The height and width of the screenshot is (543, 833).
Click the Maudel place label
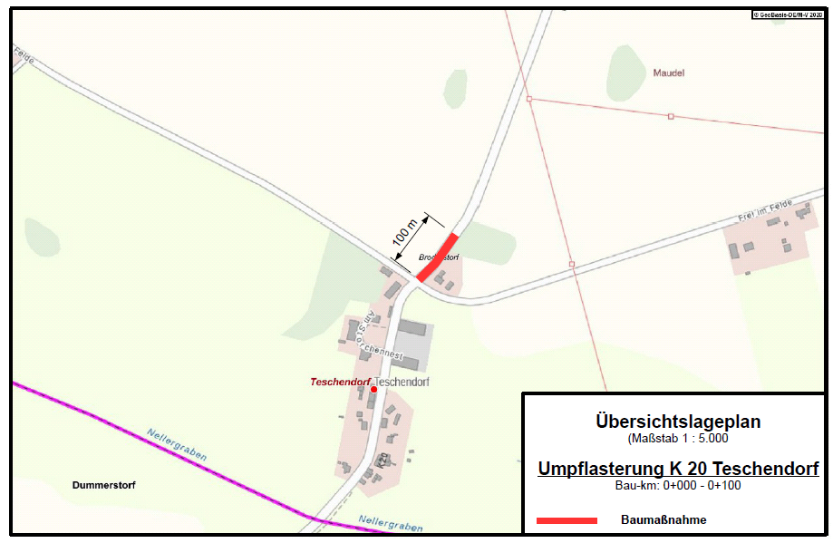click(x=668, y=73)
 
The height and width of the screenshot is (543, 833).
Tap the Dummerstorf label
click(x=104, y=485)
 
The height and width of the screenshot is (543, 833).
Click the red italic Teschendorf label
click(x=339, y=383)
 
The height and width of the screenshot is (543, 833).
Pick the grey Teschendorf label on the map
click(x=402, y=383)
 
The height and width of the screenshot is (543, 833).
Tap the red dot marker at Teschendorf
click(x=373, y=390)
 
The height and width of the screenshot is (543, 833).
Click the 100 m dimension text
click(x=404, y=232)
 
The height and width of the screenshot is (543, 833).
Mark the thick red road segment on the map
click(x=439, y=257)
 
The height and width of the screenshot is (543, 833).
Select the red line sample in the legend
click(x=567, y=520)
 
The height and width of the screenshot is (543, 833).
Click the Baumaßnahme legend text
click(x=663, y=520)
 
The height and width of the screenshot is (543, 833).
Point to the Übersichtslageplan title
click(x=678, y=422)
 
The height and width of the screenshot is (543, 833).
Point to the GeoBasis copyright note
click(x=785, y=15)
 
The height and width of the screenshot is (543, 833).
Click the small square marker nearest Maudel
click(x=671, y=116)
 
